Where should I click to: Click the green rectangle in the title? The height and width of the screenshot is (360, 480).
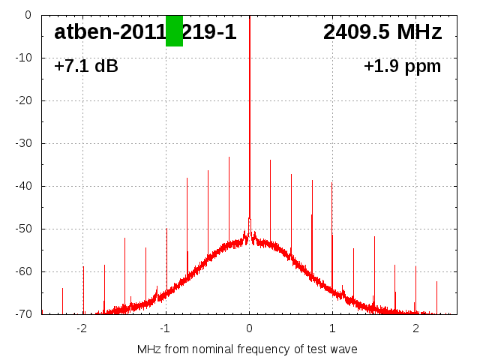tap(174, 31)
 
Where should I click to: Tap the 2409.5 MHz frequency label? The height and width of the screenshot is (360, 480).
tap(382, 32)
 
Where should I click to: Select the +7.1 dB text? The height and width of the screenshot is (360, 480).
tap(86, 67)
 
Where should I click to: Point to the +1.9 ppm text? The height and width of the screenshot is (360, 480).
tap(402, 67)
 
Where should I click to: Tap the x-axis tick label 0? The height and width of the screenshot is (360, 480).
tap(249, 328)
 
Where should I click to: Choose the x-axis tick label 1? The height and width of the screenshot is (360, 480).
tap(332, 328)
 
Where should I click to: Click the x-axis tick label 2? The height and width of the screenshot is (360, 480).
tap(415, 328)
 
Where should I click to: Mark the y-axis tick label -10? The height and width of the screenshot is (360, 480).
tap(22, 58)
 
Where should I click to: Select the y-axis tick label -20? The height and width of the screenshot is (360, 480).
tap(22, 100)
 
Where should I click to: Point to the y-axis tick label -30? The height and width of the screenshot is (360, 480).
tap(22, 143)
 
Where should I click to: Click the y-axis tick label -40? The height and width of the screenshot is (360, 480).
tap(22, 186)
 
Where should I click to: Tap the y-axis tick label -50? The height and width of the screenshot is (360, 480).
tap(22, 229)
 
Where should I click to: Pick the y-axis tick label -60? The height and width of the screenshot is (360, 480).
tap(22, 271)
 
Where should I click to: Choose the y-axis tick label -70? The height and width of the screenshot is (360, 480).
tap(22, 314)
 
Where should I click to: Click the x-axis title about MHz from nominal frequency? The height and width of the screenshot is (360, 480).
tap(247, 349)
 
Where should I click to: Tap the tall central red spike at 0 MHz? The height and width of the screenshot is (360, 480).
tap(250, 112)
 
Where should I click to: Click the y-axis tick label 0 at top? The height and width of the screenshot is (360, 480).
tap(28, 15)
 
